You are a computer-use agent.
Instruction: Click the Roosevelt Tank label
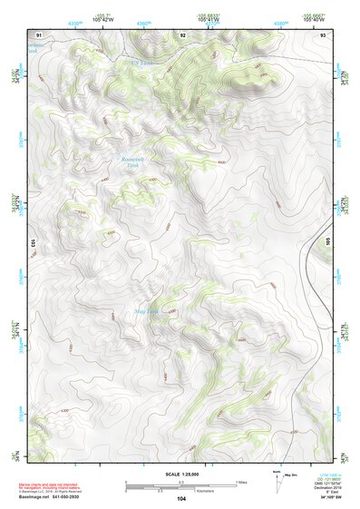coord(134,162)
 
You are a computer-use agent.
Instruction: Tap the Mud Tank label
coord(145,312)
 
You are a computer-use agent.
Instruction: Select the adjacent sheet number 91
coord(39,34)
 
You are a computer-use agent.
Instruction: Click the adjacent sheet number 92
coord(182,34)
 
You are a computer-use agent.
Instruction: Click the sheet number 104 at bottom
coord(181,498)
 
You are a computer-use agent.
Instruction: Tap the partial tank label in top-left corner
coord(36,47)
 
